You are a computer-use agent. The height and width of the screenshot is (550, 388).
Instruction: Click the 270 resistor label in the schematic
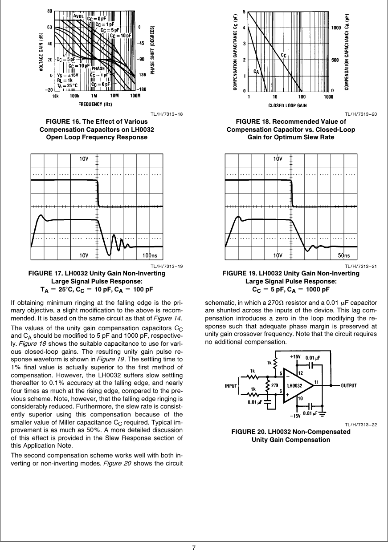pos(275,386)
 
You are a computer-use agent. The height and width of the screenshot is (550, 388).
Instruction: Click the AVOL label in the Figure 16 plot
pos(79,16)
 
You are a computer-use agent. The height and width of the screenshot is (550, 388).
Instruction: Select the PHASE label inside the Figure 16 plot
pos(98,69)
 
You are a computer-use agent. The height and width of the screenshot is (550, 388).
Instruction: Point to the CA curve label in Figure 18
pos(256,71)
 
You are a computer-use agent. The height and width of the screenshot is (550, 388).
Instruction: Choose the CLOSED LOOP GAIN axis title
pos(287,105)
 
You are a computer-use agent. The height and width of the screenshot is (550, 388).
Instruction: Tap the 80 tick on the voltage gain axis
pos(50,10)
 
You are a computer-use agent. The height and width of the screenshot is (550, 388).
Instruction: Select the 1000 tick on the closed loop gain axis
pos(328,97)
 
